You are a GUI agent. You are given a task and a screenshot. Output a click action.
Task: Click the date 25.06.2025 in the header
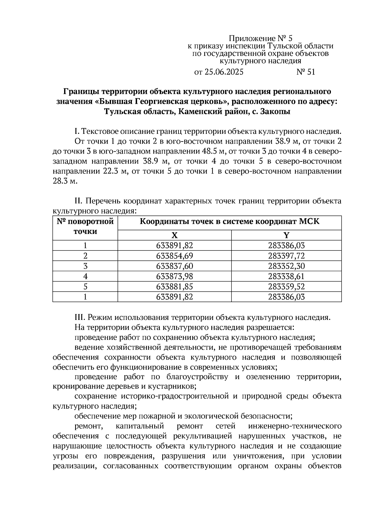click(x=224, y=72)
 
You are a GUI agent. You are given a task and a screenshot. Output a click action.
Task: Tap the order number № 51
click(x=305, y=72)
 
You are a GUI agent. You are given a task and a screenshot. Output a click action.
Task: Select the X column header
click(x=174, y=235)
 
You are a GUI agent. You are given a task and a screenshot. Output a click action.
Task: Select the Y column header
click(x=286, y=235)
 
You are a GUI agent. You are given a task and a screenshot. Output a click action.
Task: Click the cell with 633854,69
click(x=174, y=256)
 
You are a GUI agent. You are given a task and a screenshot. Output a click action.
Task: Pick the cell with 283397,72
click(x=286, y=256)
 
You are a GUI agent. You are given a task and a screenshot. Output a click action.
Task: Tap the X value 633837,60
click(x=174, y=266)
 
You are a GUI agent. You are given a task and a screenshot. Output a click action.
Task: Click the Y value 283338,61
click(x=286, y=276)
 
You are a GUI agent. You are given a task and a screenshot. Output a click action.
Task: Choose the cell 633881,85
click(x=174, y=287)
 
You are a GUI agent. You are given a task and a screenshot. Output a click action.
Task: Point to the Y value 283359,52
click(x=286, y=287)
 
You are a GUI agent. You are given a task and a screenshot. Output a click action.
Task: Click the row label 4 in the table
click(x=85, y=276)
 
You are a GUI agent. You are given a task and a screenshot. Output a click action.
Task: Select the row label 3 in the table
click(x=85, y=266)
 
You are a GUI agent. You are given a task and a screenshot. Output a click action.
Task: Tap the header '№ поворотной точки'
click(x=85, y=226)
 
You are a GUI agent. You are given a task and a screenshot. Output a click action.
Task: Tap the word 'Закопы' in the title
click(x=275, y=111)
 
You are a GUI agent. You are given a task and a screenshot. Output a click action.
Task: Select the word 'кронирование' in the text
click(x=77, y=386)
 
